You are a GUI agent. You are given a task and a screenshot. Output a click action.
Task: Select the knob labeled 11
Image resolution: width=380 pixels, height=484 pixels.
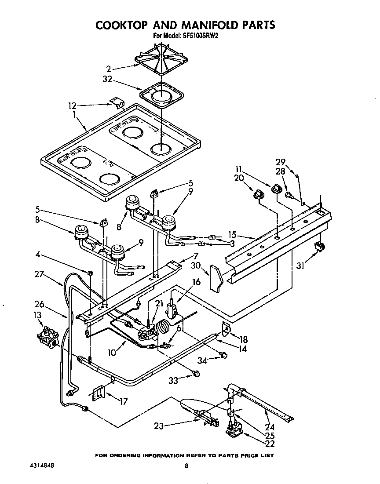(277, 189)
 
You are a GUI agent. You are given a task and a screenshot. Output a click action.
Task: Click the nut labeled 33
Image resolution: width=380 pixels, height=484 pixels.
(196, 374)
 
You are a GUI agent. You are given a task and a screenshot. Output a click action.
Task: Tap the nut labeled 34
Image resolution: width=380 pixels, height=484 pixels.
(223, 355)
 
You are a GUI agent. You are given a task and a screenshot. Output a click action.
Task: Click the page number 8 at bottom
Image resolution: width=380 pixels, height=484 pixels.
(186, 466)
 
